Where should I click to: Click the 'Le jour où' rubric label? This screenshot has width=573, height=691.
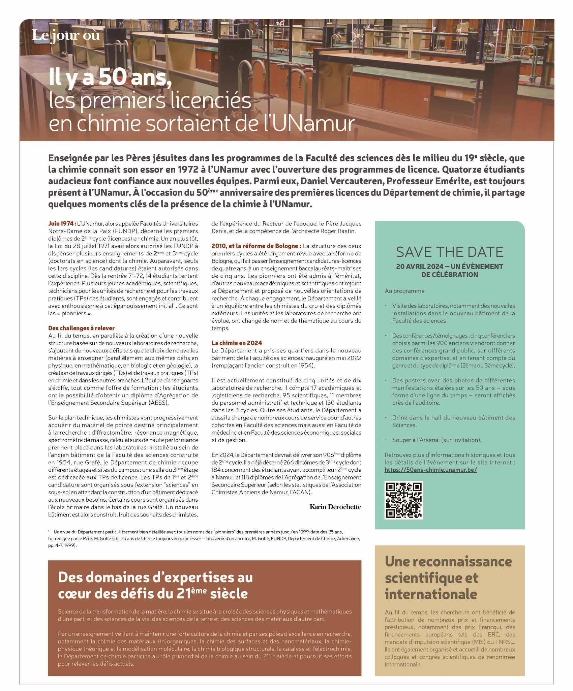[66, 35]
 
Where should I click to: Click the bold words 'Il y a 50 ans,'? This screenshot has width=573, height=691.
[108, 78]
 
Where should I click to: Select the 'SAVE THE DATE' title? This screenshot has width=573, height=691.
[450, 252]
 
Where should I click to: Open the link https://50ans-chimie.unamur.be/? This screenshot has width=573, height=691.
[430, 470]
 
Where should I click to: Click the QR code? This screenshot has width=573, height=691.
[404, 500]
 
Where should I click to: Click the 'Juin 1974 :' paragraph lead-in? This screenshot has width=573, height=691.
[62, 224]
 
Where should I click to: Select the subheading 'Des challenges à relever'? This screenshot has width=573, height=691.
[81, 328]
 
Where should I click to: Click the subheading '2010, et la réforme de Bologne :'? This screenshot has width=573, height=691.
[256, 246]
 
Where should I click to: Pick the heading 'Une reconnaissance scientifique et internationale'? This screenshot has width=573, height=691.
[448, 577]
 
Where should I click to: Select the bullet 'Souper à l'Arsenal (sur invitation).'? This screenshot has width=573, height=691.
[436, 440]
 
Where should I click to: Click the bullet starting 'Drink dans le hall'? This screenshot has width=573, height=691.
[453, 421]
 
